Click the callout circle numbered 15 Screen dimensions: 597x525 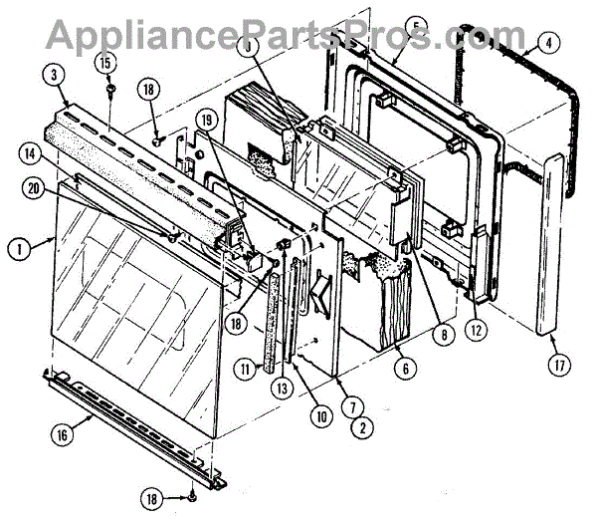pyautogui.click(x=104, y=64)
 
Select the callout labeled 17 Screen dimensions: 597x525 pyautogui.click(x=560, y=367)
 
